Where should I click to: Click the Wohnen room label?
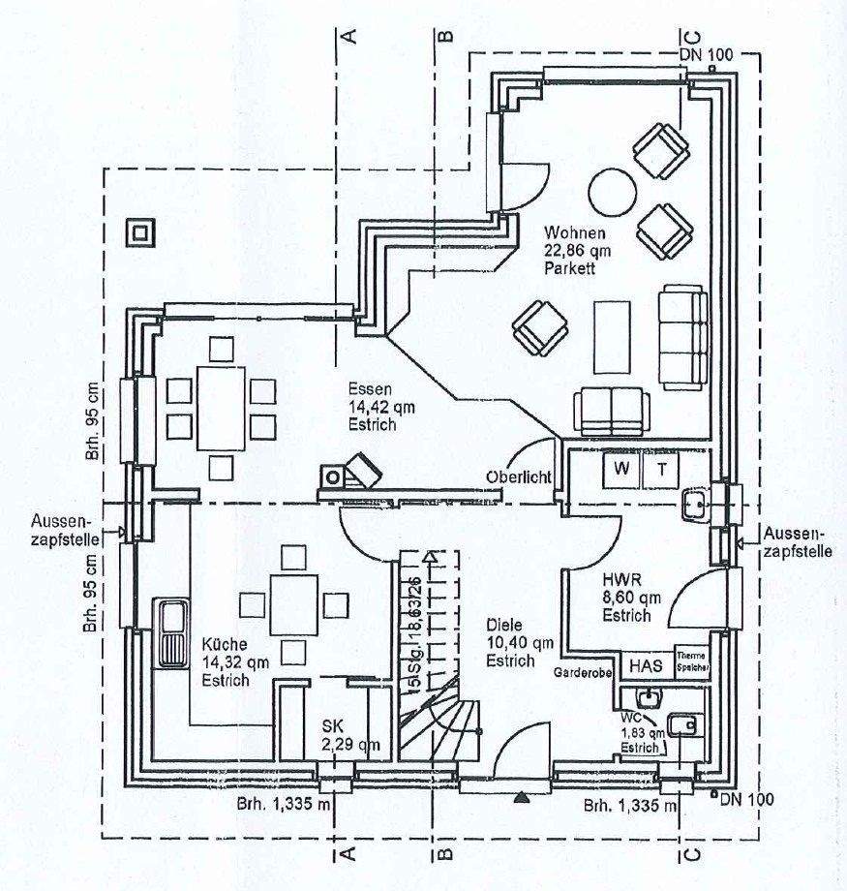[x=575, y=249]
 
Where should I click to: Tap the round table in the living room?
[x=613, y=191]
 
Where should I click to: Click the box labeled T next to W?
[x=662, y=470]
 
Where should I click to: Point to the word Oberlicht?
[x=520, y=476]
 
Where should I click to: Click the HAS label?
[x=646, y=665]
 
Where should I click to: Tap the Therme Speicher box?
[x=692, y=661]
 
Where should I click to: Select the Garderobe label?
[x=583, y=670]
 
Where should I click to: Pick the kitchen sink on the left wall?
[x=171, y=634]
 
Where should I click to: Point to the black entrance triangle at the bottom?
[x=522, y=796]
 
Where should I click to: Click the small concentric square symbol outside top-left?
[x=140, y=233]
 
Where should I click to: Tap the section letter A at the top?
[x=349, y=36]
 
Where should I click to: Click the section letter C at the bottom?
[x=689, y=852]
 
